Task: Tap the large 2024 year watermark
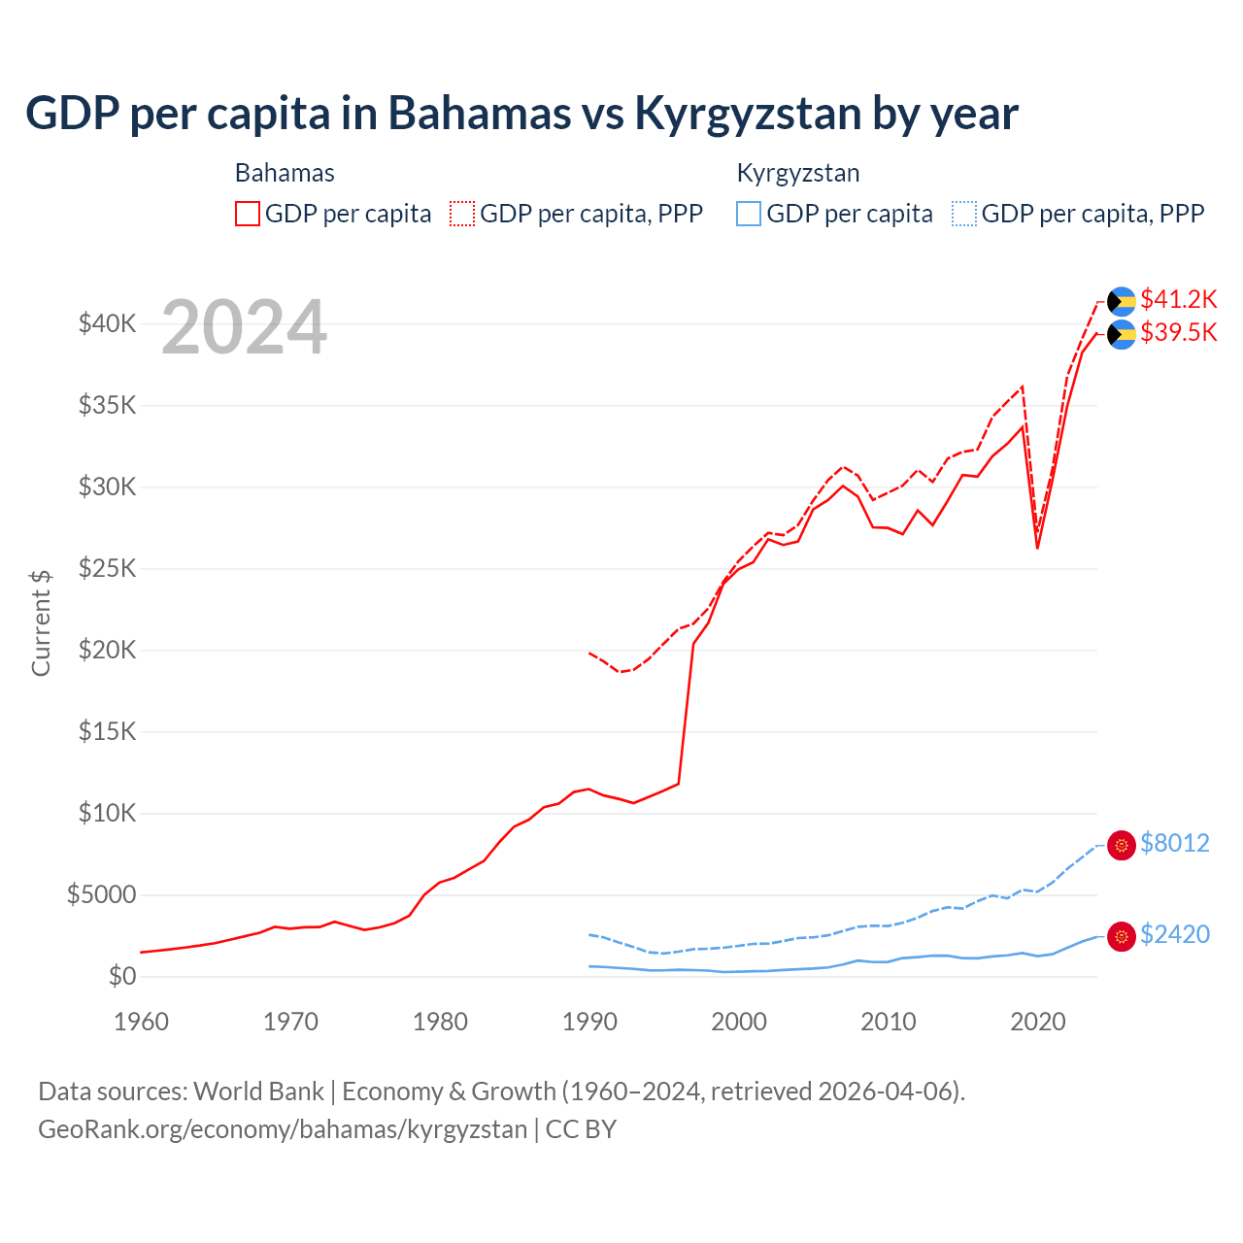pos(244,328)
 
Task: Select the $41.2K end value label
pos(1178,299)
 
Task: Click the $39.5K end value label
pos(1178,333)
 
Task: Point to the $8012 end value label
pos(1174,843)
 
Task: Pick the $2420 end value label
pos(1174,934)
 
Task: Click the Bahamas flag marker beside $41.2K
pos(1122,301)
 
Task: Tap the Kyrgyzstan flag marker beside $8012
pos(1122,846)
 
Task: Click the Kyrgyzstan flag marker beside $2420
pos(1122,936)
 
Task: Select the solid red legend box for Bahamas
pos(248,214)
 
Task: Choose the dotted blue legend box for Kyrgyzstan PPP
pos(964,214)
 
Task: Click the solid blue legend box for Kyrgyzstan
pos(749,214)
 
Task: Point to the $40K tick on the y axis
pos(107,324)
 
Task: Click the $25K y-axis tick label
pos(107,569)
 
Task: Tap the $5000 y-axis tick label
pos(101,895)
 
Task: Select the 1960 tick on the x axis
pos(141,1022)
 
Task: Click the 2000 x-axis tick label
pos(739,1022)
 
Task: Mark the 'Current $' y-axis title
pos(41,623)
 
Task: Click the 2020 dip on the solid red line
pos(1037,548)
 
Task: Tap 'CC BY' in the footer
pos(581,1129)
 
